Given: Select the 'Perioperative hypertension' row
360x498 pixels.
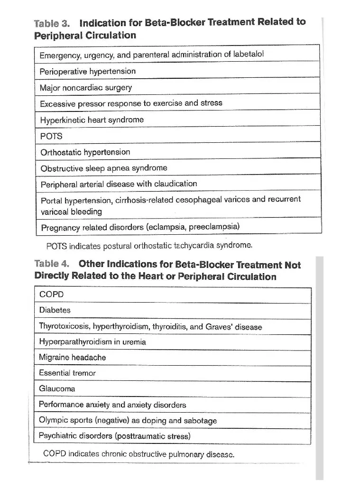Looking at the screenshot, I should coord(88,72).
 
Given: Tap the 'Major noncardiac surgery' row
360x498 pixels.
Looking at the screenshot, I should coord(86,88).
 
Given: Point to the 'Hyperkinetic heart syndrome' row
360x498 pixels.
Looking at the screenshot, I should coord(92,120).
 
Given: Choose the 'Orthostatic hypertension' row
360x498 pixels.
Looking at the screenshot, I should coord(85,152).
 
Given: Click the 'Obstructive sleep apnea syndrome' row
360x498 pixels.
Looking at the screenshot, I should coord(104,168).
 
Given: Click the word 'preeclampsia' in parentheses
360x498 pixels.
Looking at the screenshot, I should coord(214,227).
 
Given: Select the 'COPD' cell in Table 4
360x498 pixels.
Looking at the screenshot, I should coord(51,295).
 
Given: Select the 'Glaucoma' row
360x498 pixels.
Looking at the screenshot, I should coord(57,389).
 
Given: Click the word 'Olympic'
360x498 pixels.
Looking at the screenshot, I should coord(52,421).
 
